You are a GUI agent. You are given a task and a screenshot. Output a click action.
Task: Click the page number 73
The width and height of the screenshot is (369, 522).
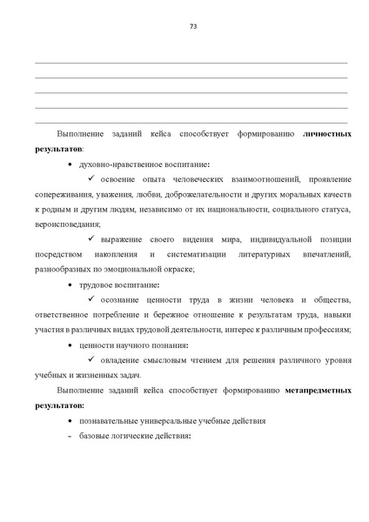click(192, 27)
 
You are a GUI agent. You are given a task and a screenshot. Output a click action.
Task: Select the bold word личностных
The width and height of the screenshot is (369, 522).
click(327, 136)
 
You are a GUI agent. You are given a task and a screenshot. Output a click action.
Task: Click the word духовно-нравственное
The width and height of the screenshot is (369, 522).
click(113, 164)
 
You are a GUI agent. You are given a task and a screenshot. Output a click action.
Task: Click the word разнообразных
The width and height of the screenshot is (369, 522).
click(65, 268)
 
